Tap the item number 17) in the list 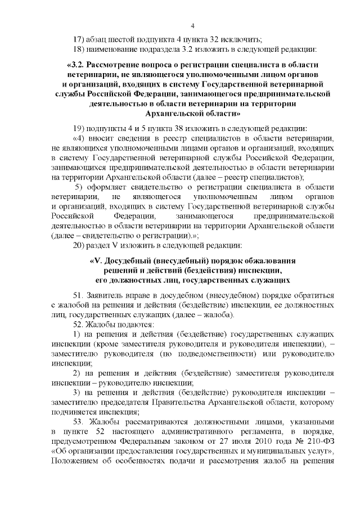pos(80,39)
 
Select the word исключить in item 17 pos(243,39)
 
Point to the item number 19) pos(80,127)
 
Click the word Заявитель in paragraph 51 pos(109,295)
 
